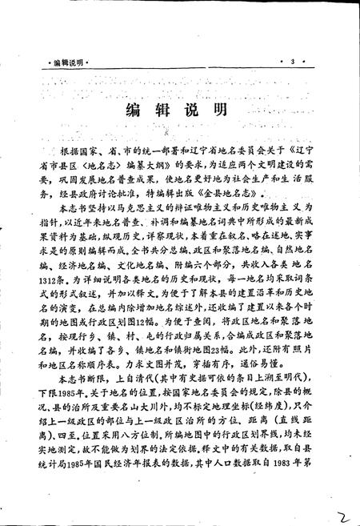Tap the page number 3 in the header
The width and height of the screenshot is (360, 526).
point(294,62)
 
